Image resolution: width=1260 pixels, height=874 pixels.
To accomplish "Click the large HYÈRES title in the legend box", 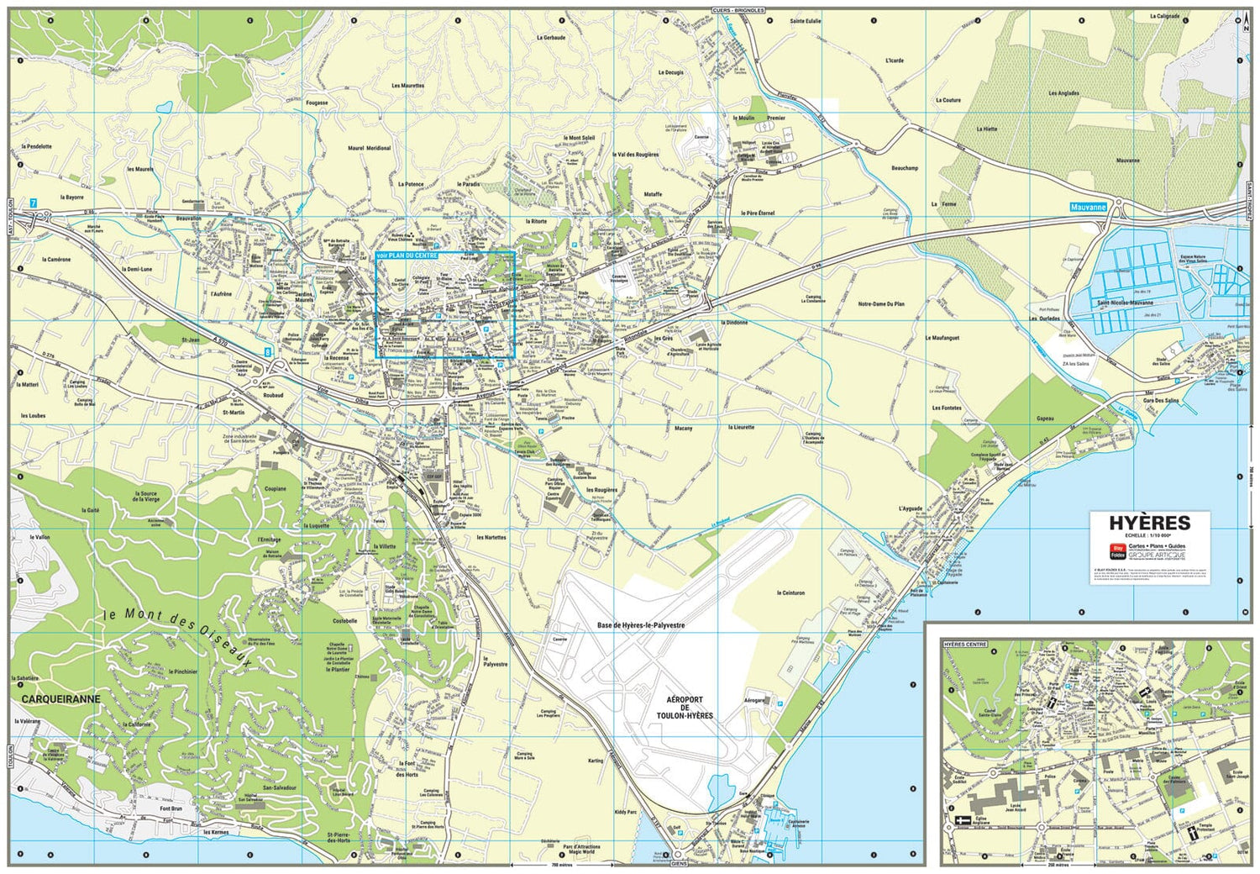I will point(1149,523).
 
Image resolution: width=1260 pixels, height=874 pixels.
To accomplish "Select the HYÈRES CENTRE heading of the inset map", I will point(965,645).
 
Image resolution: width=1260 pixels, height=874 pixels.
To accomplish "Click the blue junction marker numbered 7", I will point(34,203).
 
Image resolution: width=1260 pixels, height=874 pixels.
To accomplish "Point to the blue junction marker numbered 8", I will point(268,352).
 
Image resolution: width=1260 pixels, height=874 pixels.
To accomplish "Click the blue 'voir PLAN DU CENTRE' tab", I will point(407,255).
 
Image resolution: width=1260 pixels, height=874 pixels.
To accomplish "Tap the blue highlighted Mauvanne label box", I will point(1089,206).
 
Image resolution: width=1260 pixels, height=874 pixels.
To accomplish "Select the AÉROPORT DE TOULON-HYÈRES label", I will point(689,708).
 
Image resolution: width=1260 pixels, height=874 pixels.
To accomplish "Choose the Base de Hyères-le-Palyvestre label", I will point(640,625).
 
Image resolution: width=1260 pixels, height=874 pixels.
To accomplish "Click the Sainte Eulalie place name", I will point(805,21).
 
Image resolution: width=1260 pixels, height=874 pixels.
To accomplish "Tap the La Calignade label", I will point(1164,16).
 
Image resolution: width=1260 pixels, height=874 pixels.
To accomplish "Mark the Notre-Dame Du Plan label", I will point(881,304).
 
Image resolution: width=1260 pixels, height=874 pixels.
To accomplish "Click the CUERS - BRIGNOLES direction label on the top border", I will point(738,10).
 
